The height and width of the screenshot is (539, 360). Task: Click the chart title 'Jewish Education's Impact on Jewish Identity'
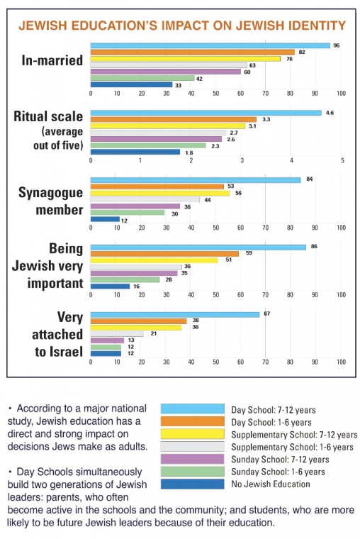pyautogui.click(x=181, y=26)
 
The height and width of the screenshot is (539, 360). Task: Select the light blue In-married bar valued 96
pyautogui.click(x=210, y=45)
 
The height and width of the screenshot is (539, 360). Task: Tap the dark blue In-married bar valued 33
pyautogui.click(x=131, y=84)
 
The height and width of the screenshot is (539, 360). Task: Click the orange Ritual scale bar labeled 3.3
pyautogui.click(x=173, y=119)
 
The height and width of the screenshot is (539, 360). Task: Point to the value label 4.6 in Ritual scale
pyautogui.click(x=330, y=113)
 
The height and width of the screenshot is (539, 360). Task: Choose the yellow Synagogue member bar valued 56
pyautogui.click(x=160, y=192)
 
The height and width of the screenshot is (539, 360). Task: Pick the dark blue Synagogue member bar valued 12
pyautogui.click(x=105, y=218)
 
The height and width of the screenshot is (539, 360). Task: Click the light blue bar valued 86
pyautogui.click(x=198, y=247)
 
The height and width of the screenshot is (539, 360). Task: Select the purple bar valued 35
pyautogui.click(x=134, y=273)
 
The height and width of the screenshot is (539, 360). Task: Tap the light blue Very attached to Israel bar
pyautogui.click(x=174, y=314)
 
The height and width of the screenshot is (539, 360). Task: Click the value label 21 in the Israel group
pyautogui.click(x=153, y=333)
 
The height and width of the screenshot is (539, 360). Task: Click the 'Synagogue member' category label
pyautogui.click(x=52, y=201)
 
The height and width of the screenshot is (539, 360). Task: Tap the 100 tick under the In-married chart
pyautogui.click(x=341, y=94)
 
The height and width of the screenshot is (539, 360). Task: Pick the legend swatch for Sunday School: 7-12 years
pyautogui.click(x=192, y=460)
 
